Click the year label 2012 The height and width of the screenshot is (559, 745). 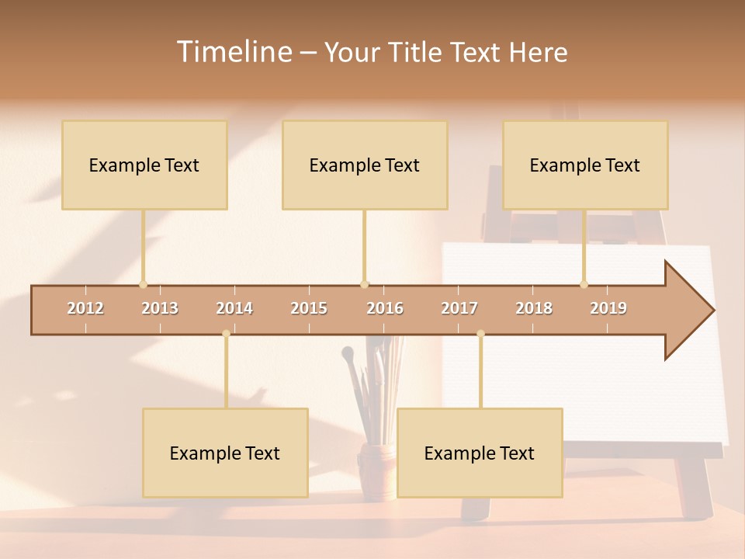[85, 308]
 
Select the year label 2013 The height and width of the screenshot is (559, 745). [160, 308]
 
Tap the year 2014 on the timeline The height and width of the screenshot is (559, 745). [234, 308]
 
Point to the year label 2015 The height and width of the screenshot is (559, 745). [309, 308]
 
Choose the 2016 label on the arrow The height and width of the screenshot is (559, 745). [385, 308]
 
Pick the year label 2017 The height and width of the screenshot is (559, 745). [459, 308]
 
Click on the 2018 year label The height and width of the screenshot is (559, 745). [534, 308]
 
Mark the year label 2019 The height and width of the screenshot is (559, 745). [608, 308]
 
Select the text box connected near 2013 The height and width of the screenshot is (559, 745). [144, 165]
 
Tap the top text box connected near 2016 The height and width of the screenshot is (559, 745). [365, 165]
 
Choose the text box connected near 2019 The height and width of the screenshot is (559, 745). [585, 165]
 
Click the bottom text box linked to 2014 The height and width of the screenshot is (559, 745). [225, 453]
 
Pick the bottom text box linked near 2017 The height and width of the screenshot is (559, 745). [480, 453]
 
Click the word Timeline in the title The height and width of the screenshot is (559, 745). [233, 52]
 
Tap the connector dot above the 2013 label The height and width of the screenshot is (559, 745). [143, 284]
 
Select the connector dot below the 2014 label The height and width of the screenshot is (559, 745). [226, 334]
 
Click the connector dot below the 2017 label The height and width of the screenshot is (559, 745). [480, 334]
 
